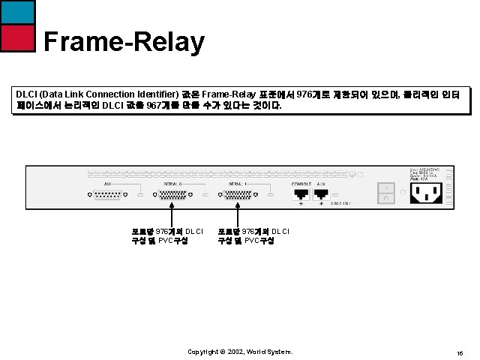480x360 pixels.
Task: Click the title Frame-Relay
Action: click(124, 42)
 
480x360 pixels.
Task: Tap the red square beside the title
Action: click(16, 38)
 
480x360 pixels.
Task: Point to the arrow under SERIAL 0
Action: click(171, 212)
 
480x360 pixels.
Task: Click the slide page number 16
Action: click(459, 352)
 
